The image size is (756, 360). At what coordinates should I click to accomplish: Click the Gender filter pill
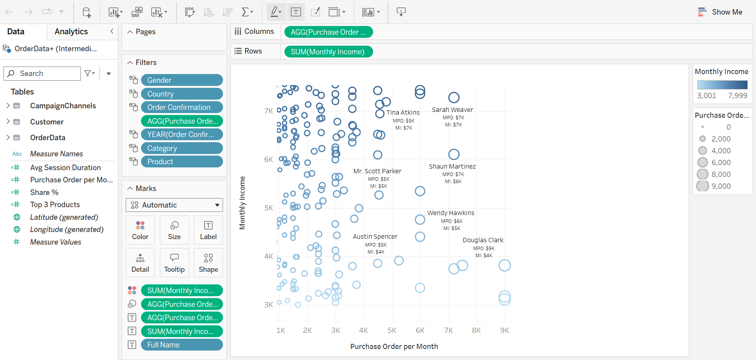click(x=182, y=80)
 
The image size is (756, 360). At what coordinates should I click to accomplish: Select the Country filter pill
click(x=182, y=94)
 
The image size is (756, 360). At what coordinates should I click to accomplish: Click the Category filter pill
click(x=182, y=148)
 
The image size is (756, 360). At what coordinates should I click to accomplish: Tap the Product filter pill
click(x=182, y=161)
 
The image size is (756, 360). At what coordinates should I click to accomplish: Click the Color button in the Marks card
click(x=140, y=230)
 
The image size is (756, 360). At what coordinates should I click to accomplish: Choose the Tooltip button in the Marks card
click(x=174, y=263)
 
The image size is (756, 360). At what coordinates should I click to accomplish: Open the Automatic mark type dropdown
click(x=174, y=205)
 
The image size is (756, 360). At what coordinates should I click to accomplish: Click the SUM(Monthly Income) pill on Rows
click(x=328, y=52)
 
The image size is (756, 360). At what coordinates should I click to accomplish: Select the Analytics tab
click(x=71, y=32)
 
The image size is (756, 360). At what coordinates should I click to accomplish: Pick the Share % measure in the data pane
click(x=44, y=192)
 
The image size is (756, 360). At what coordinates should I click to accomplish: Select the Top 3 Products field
click(x=55, y=204)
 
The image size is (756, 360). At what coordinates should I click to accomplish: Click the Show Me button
click(x=720, y=12)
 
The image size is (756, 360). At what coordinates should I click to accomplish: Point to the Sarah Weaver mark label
click(x=452, y=109)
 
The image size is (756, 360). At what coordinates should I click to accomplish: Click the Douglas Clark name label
click(x=483, y=240)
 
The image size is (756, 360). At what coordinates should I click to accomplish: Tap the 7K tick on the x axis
click(x=448, y=330)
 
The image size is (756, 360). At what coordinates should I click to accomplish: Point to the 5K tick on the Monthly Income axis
click(x=269, y=208)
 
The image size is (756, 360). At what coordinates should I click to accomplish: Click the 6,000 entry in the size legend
click(x=721, y=162)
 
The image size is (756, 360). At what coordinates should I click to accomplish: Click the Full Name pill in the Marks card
click(x=182, y=345)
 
